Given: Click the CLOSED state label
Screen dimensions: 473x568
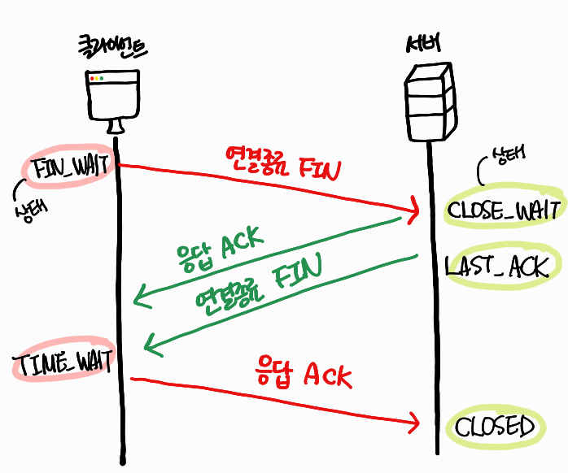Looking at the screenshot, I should pyautogui.click(x=495, y=427).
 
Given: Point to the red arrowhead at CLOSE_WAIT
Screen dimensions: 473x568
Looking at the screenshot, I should pyautogui.click(x=413, y=211).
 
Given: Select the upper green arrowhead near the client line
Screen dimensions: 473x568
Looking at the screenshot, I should pyautogui.click(x=142, y=297).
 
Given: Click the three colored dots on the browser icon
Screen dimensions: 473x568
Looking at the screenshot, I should pyautogui.click(x=98, y=79).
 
